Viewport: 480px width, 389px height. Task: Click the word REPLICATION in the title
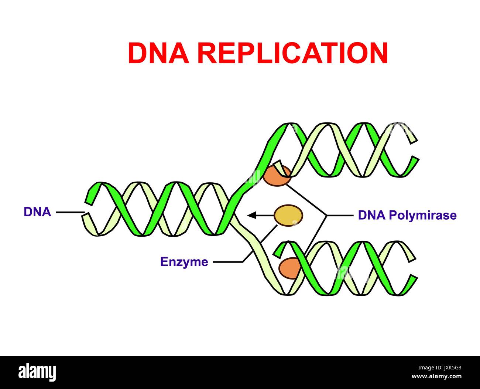click(292, 53)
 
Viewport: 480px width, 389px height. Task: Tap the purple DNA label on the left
click(37, 212)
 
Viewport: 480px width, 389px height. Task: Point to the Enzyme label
click(184, 262)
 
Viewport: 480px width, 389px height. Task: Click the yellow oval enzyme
click(288, 215)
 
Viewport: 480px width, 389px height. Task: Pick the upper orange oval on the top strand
click(277, 175)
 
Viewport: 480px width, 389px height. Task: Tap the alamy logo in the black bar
click(37, 372)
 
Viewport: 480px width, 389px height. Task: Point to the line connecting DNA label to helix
click(70, 212)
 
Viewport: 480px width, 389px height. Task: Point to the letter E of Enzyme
click(164, 262)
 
